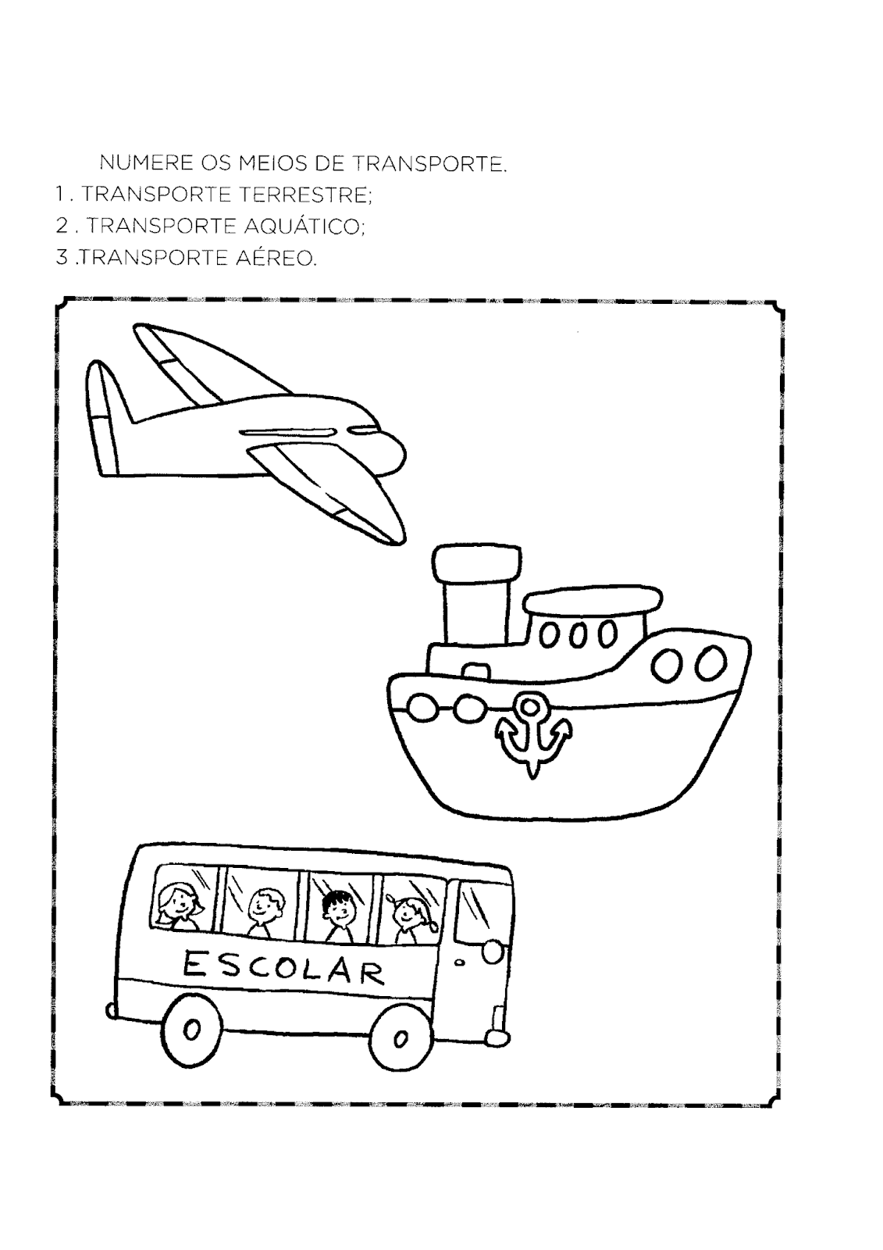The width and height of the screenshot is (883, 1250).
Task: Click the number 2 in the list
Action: point(62,227)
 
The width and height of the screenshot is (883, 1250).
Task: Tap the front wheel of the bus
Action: point(400,1037)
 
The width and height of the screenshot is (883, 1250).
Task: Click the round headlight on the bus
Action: point(493,951)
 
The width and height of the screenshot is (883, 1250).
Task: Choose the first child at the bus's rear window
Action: point(178,905)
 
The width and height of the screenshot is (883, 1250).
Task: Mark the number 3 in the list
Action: point(62,259)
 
